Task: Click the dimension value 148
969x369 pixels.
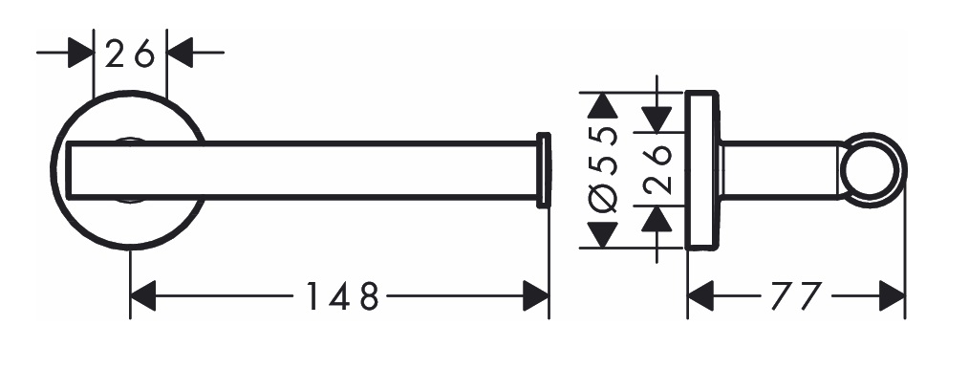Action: click(342, 295)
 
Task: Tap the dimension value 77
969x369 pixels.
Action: click(797, 295)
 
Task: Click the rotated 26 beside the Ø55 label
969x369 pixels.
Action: click(657, 169)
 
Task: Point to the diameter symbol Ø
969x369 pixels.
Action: click(604, 198)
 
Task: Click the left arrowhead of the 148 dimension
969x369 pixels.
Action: click(142, 295)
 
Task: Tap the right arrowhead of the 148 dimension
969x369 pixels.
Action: click(536, 295)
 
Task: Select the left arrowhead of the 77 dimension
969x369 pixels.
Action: click(700, 295)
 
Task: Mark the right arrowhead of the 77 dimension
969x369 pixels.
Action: click(892, 295)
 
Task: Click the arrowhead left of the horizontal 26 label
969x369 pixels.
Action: click(80, 53)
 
